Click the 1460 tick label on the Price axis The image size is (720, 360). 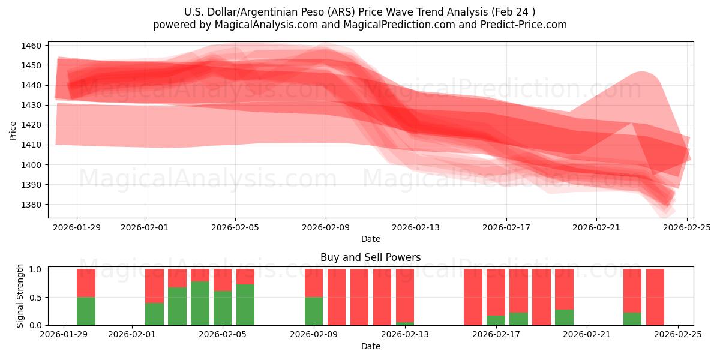[32, 46]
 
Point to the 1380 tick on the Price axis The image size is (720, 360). [32, 205]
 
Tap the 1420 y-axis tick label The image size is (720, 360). [32, 125]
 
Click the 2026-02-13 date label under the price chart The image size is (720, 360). [416, 228]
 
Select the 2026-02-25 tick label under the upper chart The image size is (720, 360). [686, 228]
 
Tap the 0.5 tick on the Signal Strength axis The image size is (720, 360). [35, 297]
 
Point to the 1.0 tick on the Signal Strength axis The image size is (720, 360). [35, 269]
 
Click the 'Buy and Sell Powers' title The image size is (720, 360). [370, 257]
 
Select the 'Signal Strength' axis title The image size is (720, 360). [20, 296]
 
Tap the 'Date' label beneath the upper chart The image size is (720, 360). [370, 239]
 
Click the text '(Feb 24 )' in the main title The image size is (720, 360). [515, 12]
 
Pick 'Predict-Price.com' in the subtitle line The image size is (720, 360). [521, 25]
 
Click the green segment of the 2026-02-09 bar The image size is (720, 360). [314, 311]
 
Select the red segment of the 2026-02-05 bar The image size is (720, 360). [223, 280]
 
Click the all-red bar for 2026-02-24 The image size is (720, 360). [655, 297]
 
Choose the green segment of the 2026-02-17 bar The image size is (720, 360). [496, 320]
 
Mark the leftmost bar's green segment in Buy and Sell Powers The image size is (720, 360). [86, 311]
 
